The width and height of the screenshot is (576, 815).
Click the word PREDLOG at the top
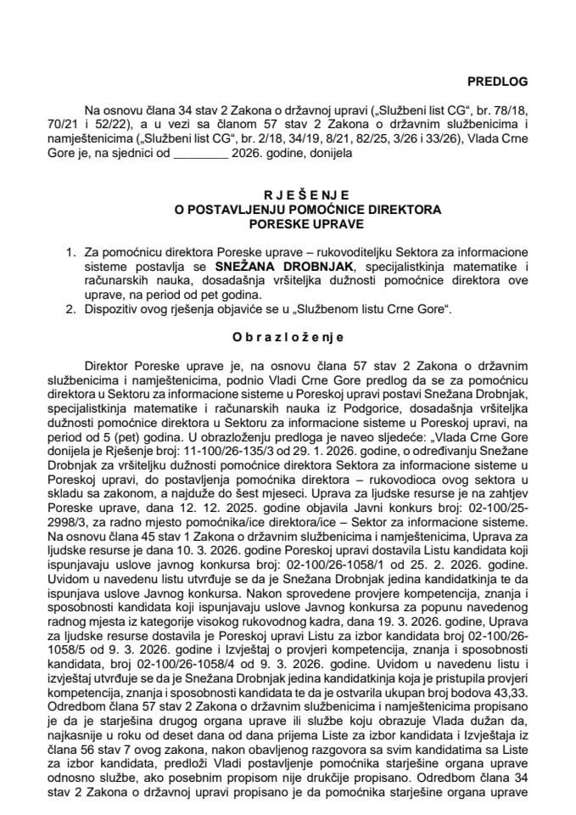[x=498, y=81]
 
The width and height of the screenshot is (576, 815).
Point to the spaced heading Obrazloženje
[x=288, y=336]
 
